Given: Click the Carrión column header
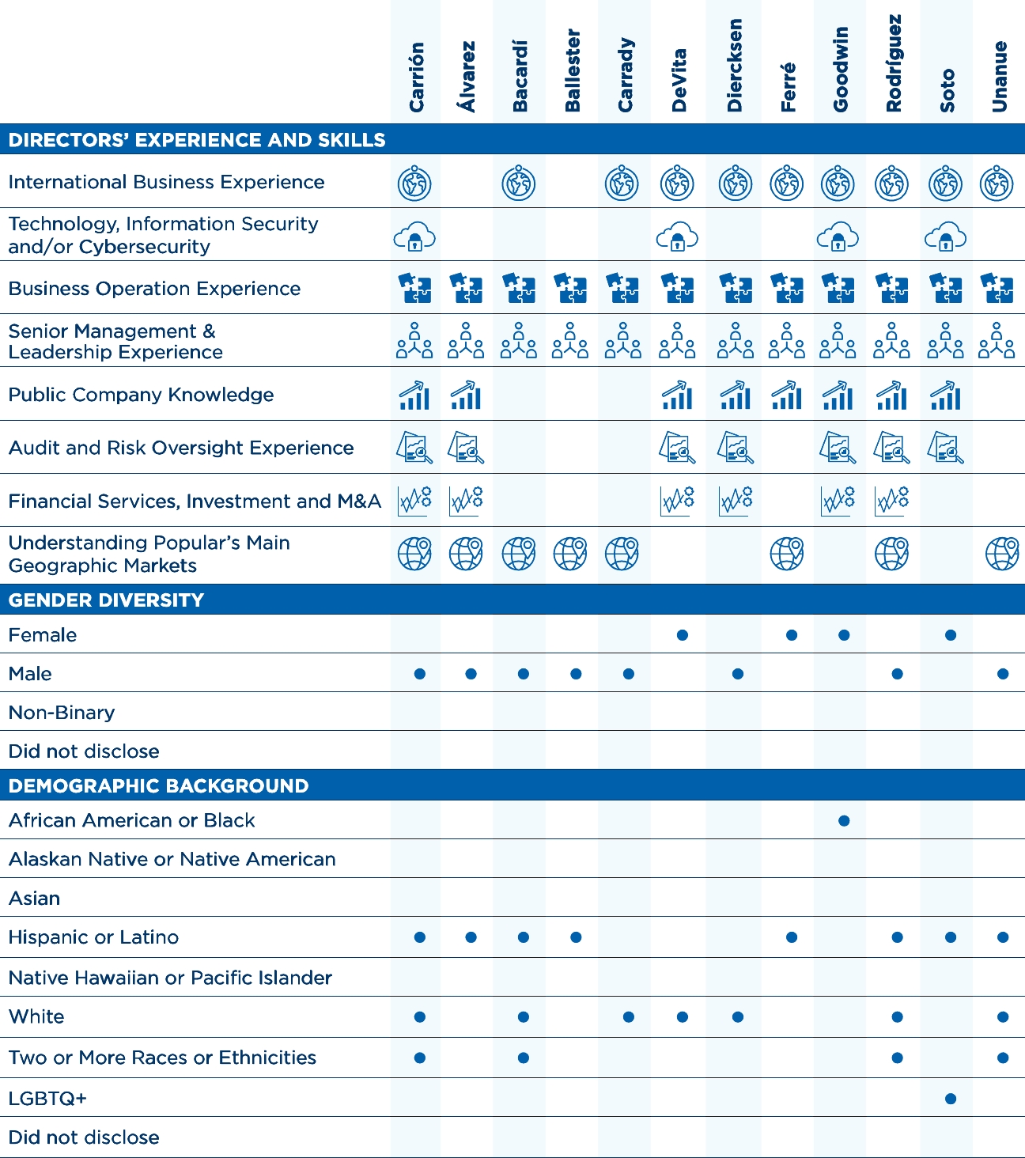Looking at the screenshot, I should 417,77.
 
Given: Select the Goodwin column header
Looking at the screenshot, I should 840,70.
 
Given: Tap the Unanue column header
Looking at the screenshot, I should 1000,77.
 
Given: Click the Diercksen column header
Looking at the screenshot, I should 735,66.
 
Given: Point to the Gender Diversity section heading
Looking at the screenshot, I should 106,600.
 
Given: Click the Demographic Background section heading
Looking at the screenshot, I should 158,786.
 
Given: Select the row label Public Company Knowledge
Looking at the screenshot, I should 141,395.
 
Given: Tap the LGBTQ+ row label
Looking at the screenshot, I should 47,1098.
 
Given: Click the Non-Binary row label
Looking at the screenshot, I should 62,713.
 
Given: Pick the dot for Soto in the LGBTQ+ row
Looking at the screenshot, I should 951,1099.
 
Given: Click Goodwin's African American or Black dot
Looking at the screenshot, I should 844,821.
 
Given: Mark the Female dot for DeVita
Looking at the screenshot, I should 683,635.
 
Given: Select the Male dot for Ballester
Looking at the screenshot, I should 576,674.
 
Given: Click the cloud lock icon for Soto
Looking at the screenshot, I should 945,237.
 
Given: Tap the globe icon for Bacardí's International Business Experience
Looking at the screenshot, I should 519,184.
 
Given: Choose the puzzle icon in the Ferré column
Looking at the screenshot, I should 787,289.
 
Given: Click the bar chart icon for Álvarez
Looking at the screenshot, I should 466,395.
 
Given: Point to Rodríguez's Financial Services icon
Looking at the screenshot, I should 892,501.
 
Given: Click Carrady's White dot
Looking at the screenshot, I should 629,1017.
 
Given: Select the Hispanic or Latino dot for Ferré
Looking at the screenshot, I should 792,937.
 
